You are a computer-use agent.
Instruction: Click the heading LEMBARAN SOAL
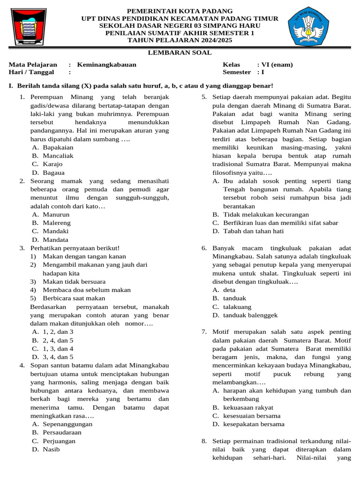click(x=180, y=53)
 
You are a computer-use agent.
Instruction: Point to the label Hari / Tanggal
click(x=31, y=72)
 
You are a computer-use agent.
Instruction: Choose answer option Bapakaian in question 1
click(x=58, y=147)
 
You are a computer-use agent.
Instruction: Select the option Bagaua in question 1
click(x=53, y=172)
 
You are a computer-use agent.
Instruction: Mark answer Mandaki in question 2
click(x=56, y=231)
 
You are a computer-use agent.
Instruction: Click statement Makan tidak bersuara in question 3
click(x=74, y=282)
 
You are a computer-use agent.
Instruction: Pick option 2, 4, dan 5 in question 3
click(x=58, y=340)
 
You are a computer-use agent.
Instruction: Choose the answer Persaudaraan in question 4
click(x=62, y=433)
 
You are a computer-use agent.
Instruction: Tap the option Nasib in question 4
click(x=52, y=450)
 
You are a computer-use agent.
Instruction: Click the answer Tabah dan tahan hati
click(x=253, y=231)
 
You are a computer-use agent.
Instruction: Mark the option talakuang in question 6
click(x=237, y=307)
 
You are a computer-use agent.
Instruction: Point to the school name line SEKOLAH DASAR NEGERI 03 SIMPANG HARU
click(x=180, y=26)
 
